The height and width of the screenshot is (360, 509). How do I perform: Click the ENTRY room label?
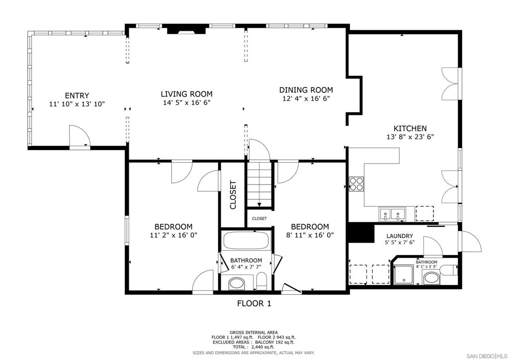[77, 95]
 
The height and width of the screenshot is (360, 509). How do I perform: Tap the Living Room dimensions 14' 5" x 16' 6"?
[186, 103]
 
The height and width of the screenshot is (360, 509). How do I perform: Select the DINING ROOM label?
[306, 90]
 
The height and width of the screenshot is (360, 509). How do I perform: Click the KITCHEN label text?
[410, 128]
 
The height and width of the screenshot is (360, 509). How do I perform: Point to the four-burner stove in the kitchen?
[356, 184]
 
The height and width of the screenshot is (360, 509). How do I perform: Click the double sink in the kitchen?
[391, 214]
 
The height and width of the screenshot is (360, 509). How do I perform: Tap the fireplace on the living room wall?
[186, 30]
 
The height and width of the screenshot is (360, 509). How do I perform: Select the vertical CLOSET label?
[233, 194]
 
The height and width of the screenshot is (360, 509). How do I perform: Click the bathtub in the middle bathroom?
[246, 241]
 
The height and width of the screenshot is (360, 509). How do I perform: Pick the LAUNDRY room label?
[400, 236]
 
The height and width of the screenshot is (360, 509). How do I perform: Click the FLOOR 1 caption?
[254, 303]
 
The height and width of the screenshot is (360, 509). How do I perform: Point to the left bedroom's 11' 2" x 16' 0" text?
[173, 235]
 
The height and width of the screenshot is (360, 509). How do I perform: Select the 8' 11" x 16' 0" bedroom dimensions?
[310, 235]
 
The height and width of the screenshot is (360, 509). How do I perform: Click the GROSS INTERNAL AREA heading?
[254, 332]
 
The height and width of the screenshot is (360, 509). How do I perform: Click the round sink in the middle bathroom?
[237, 284]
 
